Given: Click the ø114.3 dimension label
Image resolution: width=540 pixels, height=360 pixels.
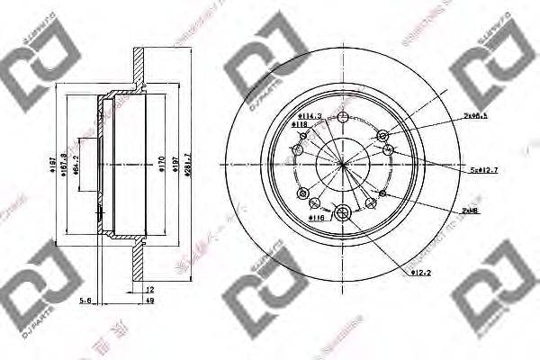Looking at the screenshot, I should (311, 115).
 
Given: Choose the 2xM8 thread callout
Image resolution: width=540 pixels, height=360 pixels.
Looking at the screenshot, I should (469, 209).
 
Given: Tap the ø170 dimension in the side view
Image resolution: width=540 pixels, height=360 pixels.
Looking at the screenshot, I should (160, 164).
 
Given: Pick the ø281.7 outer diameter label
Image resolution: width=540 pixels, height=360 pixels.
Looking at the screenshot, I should (187, 164).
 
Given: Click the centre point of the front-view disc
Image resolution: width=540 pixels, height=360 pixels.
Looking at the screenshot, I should (342, 164).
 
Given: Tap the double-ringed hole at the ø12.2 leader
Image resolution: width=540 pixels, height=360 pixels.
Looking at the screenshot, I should (342, 213).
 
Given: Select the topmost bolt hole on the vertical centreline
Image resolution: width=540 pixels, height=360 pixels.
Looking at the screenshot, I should (342, 117).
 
